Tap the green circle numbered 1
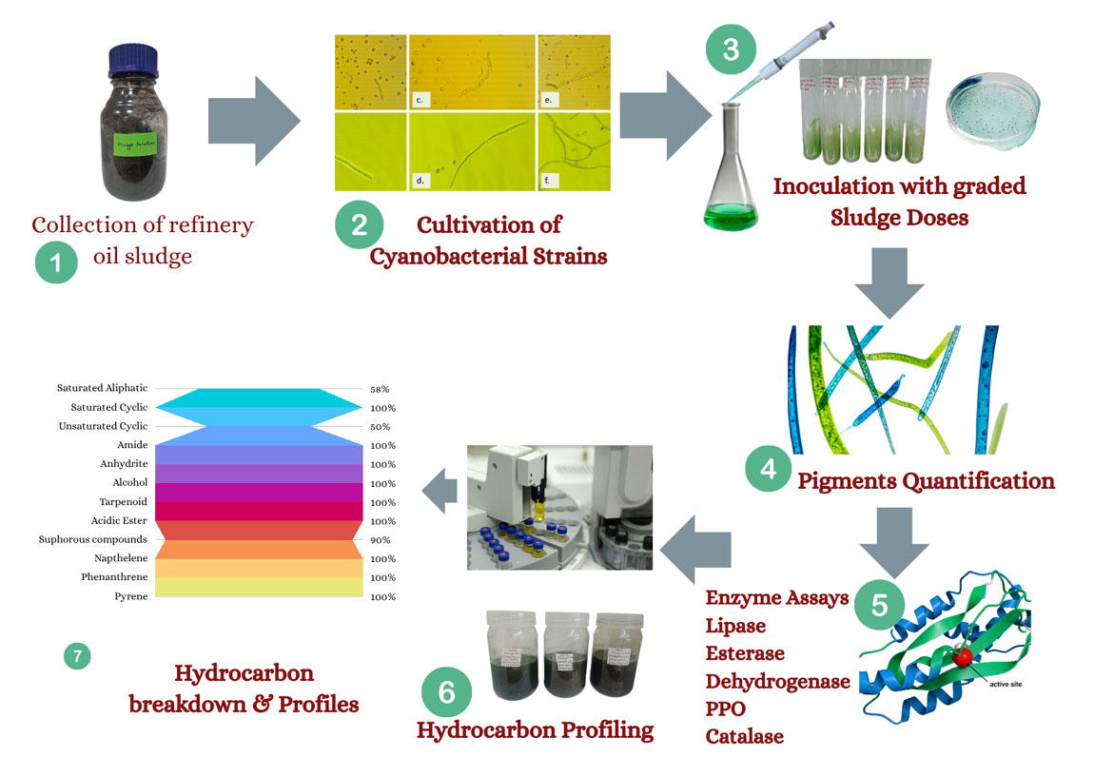56,262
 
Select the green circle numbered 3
730,49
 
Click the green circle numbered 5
878,604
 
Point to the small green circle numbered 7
77,655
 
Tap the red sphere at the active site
964,658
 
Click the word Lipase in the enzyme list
735,626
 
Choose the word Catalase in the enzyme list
744,736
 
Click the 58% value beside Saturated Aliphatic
380,389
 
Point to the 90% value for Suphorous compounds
380,540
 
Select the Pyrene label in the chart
131,596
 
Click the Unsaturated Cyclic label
104,427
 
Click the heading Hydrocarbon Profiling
535,730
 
